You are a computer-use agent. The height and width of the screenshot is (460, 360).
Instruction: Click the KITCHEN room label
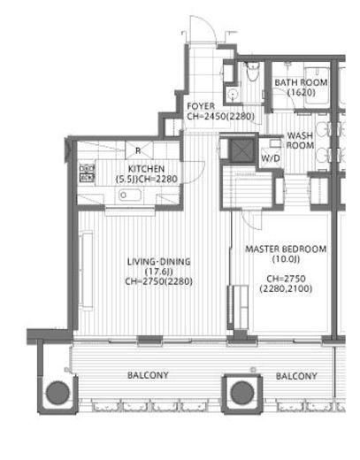click(x=146, y=169)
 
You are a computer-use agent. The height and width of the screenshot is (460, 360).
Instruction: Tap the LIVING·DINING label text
click(x=159, y=262)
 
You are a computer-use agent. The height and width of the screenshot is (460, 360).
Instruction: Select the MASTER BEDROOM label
click(x=286, y=249)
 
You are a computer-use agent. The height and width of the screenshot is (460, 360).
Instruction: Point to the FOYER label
click(x=201, y=106)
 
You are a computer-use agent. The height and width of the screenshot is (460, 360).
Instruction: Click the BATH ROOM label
click(x=301, y=82)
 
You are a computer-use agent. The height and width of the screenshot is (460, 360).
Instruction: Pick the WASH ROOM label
click(x=300, y=141)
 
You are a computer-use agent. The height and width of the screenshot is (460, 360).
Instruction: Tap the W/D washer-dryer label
click(x=271, y=158)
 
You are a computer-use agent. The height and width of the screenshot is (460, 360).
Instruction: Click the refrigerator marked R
click(x=138, y=150)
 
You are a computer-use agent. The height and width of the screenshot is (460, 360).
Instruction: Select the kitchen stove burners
click(x=87, y=172)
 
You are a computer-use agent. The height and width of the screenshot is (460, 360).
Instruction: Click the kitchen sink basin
click(x=130, y=195)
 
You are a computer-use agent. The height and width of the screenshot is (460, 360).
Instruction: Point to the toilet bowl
click(x=252, y=71)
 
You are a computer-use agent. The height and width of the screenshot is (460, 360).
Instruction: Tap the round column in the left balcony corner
click(x=57, y=393)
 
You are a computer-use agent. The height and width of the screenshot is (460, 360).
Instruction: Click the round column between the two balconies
click(x=242, y=393)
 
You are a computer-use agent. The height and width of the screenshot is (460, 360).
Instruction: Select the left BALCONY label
click(x=148, y=375)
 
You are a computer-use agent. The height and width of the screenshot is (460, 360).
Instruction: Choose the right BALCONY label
click(x=296, y=376)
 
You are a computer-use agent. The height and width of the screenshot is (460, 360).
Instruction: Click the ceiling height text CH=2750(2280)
click(x=159, y=281)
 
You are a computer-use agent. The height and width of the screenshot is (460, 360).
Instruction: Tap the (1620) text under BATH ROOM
click(x=302, y=93)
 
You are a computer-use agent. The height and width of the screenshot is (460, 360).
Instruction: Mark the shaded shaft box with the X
click(x=241, y=150)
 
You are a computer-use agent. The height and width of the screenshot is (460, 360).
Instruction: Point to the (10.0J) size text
click(x=286, y=259)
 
